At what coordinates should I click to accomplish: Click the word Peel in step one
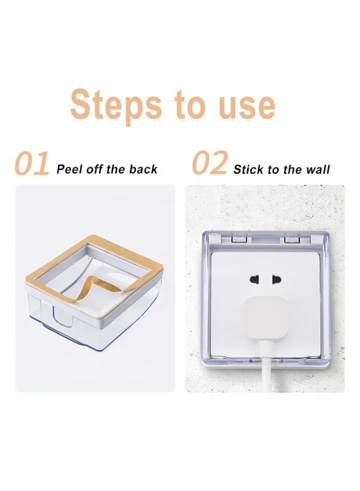tap(69, 169)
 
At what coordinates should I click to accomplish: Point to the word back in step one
tap(143, 169)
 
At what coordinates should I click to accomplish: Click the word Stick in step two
tap(248, 170)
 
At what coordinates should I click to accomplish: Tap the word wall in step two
tap(318, 170)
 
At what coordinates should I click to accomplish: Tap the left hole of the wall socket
tap(254, 279)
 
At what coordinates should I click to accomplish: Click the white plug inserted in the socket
tap(266, 318)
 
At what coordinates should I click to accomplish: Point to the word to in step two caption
tap(273, 170)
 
